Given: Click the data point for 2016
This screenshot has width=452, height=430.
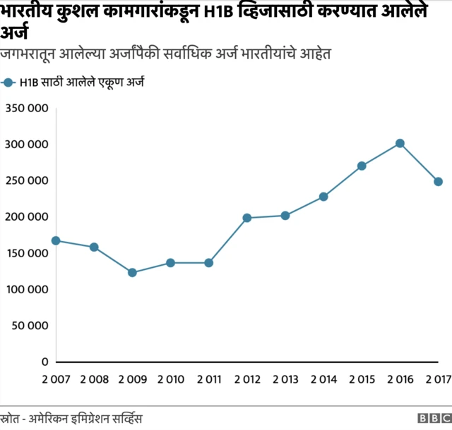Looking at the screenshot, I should coord(400,143).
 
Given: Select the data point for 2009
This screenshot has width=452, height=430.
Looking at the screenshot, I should coord(132,273).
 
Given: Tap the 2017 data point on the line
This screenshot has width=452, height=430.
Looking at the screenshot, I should coord(438,182).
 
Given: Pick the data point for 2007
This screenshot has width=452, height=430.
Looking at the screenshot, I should coord(56,240).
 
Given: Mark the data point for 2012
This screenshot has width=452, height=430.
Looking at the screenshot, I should coord(247,218).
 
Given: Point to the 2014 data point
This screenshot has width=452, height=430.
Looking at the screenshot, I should coord(323,197).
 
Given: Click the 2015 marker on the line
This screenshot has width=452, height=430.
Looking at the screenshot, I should coord(362,166).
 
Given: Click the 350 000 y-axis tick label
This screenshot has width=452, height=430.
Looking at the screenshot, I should coord(26,108).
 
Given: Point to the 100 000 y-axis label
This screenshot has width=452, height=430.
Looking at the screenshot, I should coord(26,289).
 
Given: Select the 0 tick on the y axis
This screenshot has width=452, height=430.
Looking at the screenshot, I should coord(44,362).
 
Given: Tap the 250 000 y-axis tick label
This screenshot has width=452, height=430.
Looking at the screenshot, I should coord(26,180).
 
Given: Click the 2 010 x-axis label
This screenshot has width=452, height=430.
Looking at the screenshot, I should coord(170,381).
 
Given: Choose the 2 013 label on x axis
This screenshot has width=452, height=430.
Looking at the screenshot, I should coord(285,381).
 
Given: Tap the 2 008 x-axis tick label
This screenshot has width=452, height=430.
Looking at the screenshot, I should coord(94,381).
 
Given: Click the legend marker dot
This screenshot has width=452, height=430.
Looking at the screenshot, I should coord(8,83).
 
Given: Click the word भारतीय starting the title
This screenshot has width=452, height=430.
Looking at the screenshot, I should coord(29,13).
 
